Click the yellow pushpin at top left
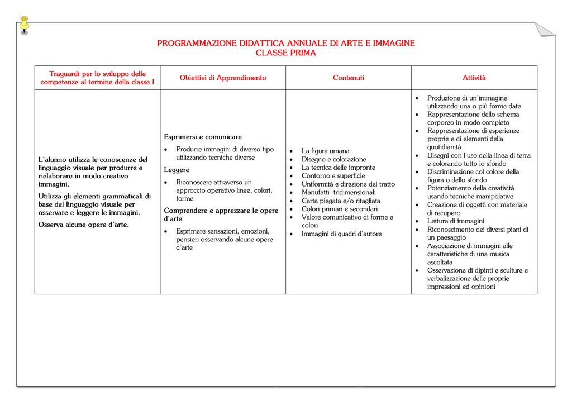point(24,25)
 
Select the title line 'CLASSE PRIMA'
point(285,53)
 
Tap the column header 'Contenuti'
point(349,78)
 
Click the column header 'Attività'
point(474,78)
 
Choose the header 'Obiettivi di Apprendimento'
point(223,78)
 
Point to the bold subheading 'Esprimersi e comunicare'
point(203,137)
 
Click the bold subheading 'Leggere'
point(177,170)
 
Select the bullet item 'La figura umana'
point(325,151)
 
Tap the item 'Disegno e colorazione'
point(333,159)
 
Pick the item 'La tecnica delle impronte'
point(338,168)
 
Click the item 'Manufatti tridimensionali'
point(339,192)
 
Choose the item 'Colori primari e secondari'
point(339,209)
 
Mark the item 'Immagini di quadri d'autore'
point(341,234)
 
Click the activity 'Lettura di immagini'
point(455,221)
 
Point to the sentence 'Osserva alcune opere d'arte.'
point(83,225)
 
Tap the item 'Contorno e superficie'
point(333,176)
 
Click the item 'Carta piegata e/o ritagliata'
point(341,201)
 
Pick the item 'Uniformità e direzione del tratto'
point(347,184)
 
